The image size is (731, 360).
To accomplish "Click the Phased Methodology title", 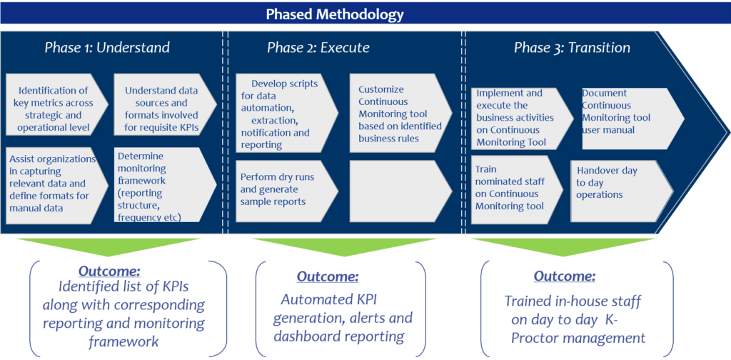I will pyautogui.click(x=335, y=14).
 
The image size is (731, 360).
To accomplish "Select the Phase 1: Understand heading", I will pyautogui.click(x=107, y=49).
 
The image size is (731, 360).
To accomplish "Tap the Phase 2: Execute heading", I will pyautogui.click(x=318, y=49).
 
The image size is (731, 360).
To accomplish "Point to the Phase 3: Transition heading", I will pyautogui.click(x=572, y=49).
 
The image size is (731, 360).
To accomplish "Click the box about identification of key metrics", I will pyautogui.click(x=54, y=109).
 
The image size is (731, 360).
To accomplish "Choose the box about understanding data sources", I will pyautogui.click(x=162, y=109).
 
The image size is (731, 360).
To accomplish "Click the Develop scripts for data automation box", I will pyautogui.click(x=282, y=114).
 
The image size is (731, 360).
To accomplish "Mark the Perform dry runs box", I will pyautogui.click(x=282, y=189).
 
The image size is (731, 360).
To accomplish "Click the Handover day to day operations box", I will pyautogui.click(x=618, y=182).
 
